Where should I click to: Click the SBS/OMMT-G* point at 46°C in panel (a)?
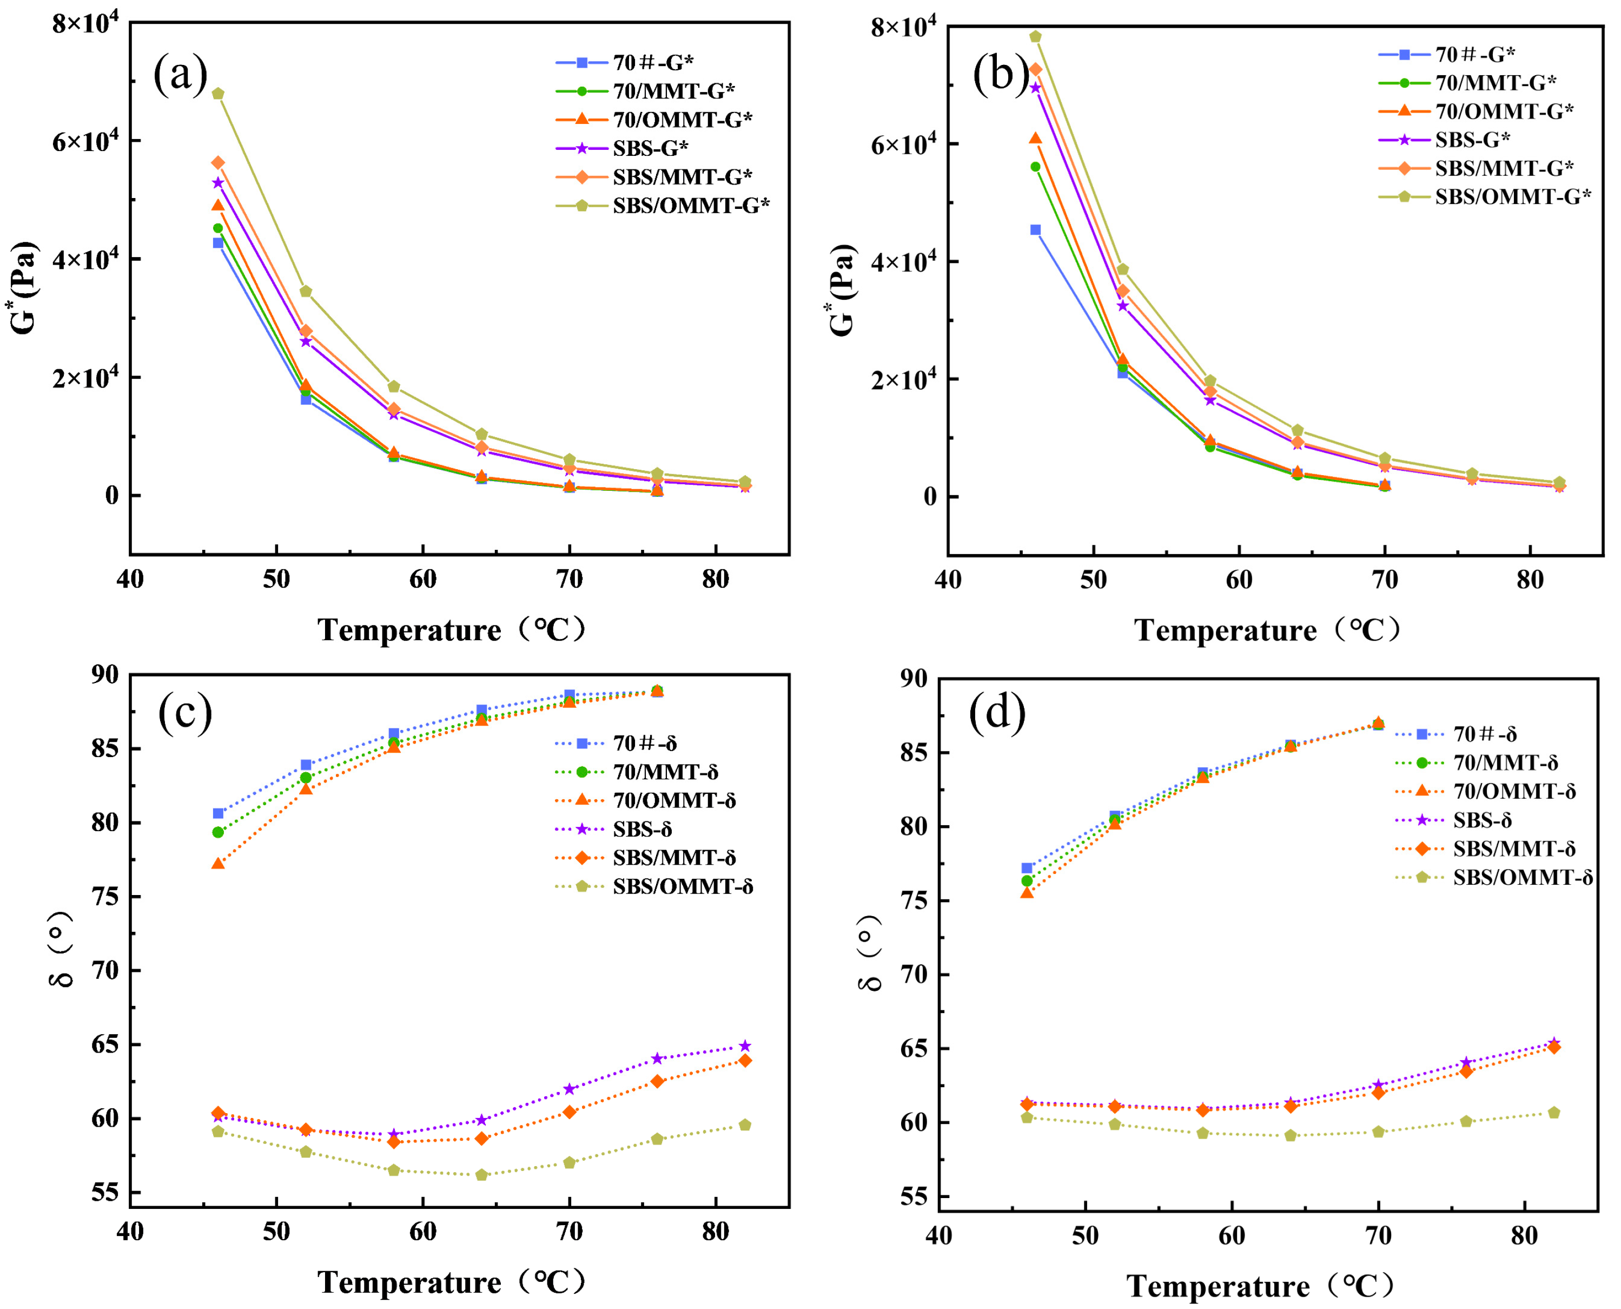(x=218, y=94)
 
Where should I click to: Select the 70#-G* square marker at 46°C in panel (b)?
(x=1035, y=230)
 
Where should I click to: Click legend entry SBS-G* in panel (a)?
(x=650, y=148)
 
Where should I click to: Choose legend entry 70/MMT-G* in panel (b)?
(x=1495, y=82)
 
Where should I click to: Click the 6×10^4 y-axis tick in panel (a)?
(x=84, y=141)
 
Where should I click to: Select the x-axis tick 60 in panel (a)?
(x=423, y=579)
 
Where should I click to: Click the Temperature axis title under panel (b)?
(x=1266, y=630)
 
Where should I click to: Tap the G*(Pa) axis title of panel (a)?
(x=24, y=287)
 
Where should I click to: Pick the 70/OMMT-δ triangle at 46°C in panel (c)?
(x=218, y=863)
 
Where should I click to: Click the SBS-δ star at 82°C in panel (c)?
(x=745, y=1046)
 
